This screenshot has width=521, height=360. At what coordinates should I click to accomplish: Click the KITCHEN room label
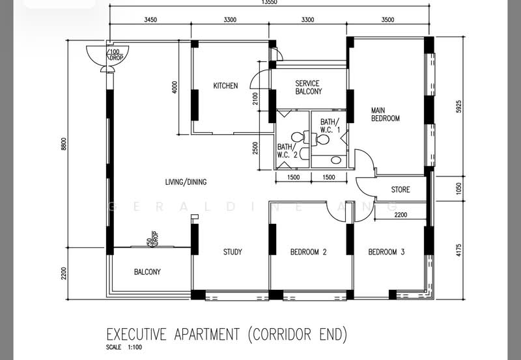tap(225, 86)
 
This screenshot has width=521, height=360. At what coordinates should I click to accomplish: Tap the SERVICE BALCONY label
tap(308, 87)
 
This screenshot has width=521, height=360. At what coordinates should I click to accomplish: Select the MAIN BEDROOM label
tap(386, 114)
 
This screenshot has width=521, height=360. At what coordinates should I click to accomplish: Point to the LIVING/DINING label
tap(186, 182)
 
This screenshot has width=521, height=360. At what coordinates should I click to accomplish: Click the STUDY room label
tap(232, 252)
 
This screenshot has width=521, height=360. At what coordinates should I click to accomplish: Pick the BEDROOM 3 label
tap(386, 252)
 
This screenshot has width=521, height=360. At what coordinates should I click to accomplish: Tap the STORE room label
tap(401, 190)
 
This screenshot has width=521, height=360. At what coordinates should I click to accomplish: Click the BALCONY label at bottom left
tap(147, 272)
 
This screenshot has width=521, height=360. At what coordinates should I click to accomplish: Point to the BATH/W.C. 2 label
tap(287, 150)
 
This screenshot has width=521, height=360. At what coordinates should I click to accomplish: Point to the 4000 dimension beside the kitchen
tap(175, 87)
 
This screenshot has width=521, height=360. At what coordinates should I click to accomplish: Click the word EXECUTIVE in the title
tap(138, 335)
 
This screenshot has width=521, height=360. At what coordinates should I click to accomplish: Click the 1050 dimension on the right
tap(458, 189)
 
